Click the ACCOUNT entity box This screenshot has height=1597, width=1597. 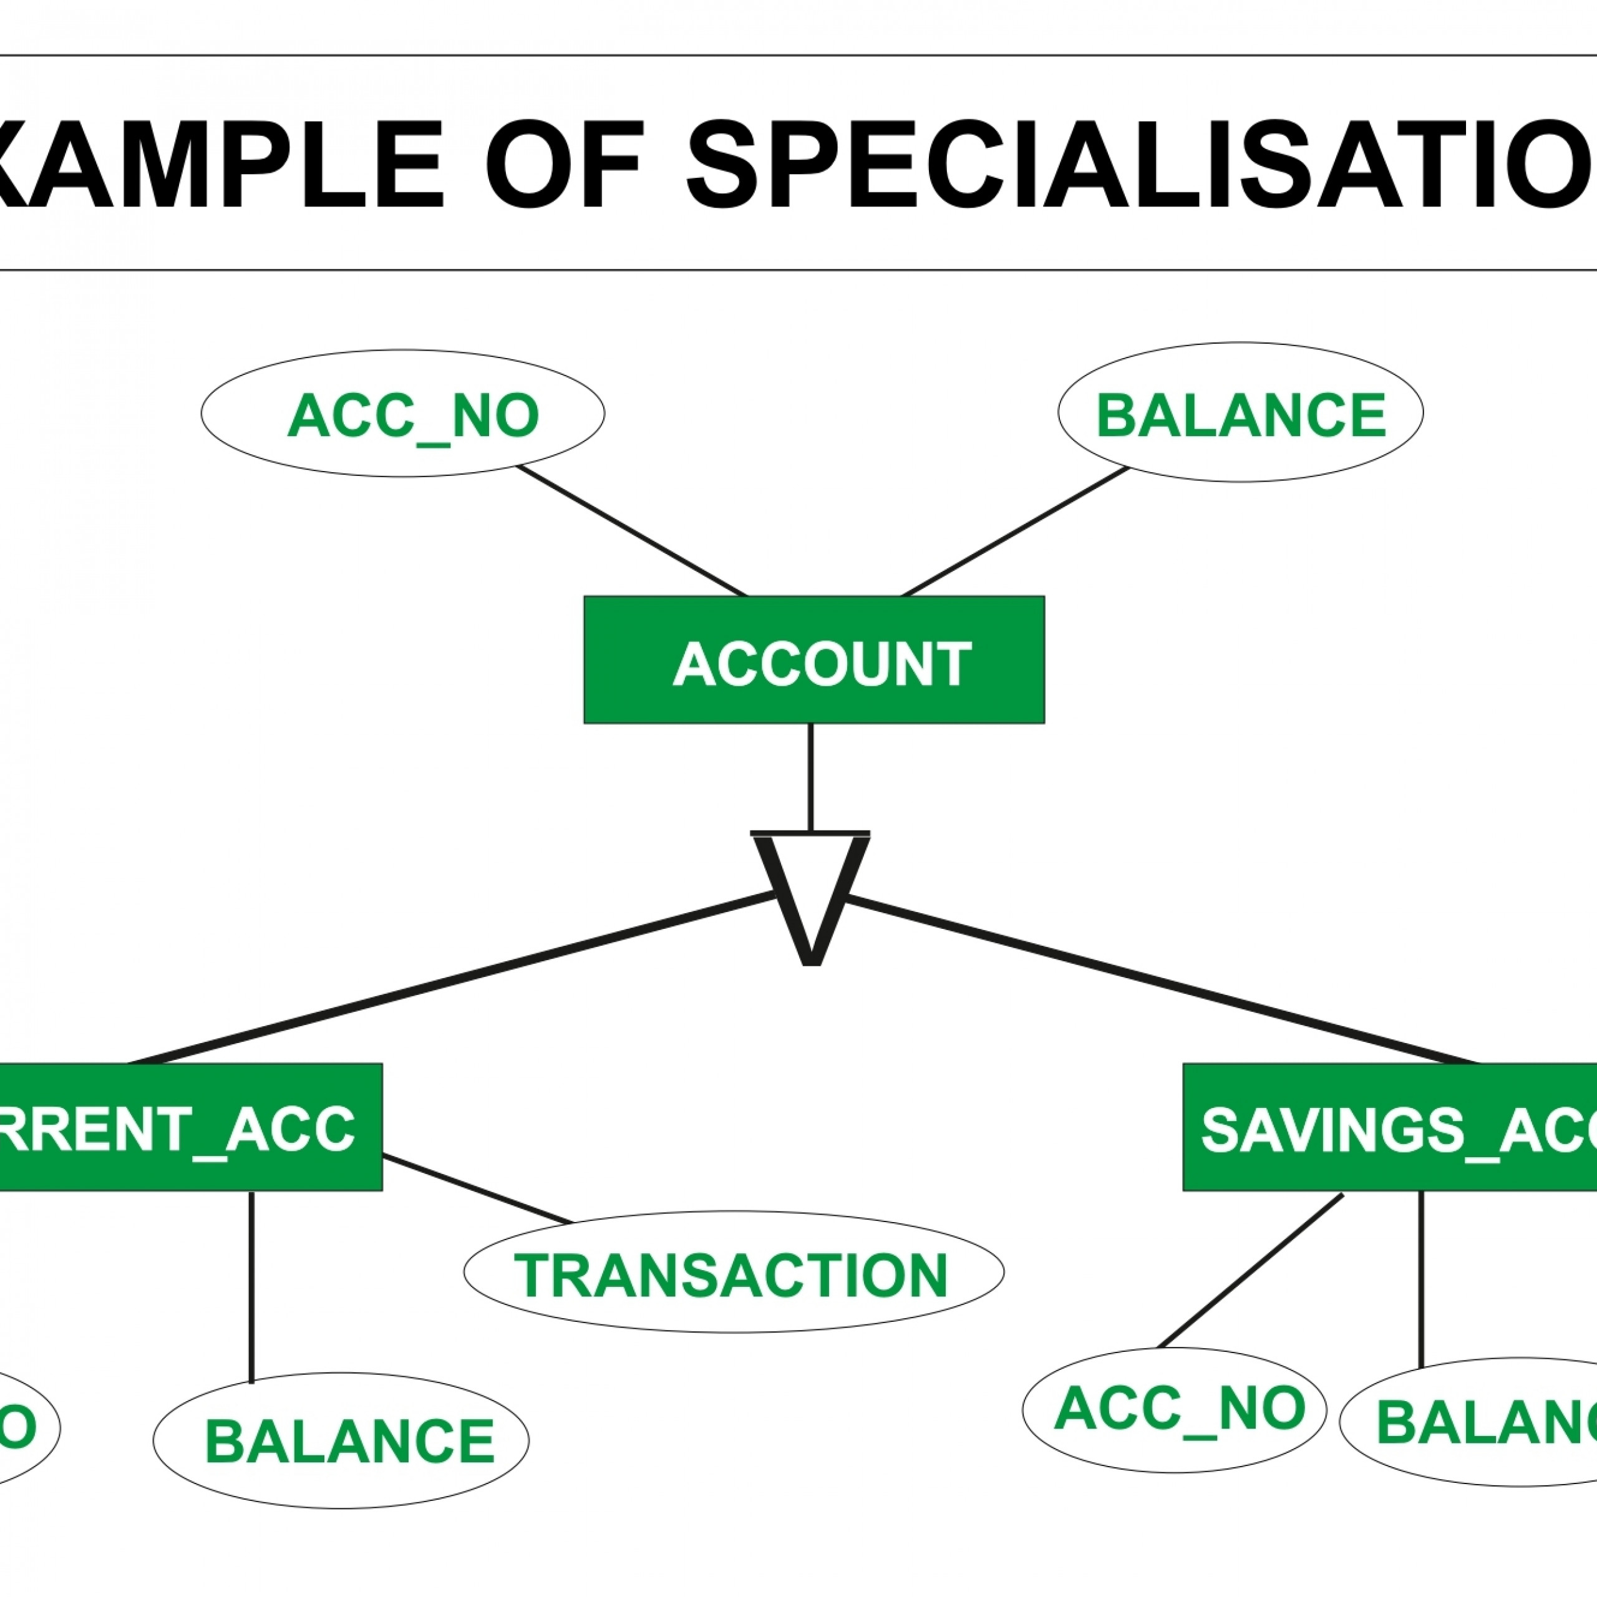813,659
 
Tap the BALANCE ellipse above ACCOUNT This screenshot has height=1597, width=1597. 1240,412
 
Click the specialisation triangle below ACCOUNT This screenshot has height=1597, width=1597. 810,893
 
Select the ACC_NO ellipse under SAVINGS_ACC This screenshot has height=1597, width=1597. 1174,1409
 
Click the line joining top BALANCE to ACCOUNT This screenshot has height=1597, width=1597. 1015,532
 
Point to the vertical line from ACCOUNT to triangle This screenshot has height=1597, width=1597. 810,777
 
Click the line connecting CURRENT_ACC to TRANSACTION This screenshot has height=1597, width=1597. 477,1190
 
